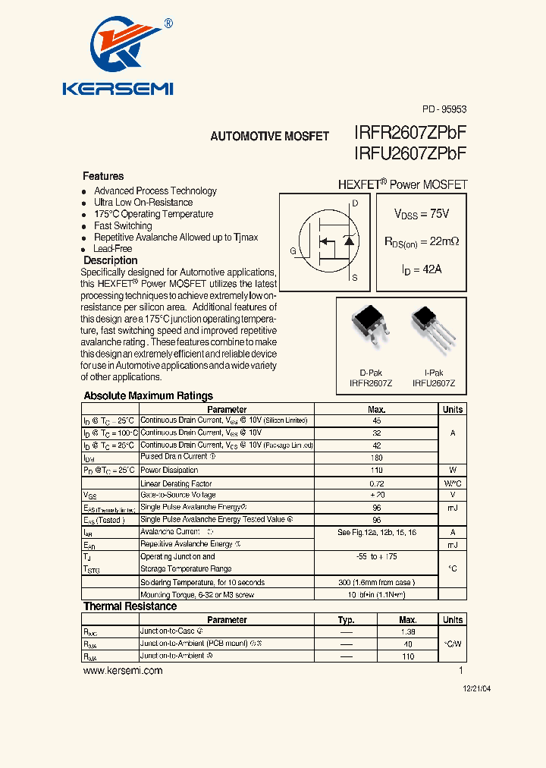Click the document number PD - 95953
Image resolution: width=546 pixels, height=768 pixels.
tap(444, 109)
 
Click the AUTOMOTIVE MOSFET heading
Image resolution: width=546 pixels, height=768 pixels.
tap(269, 137)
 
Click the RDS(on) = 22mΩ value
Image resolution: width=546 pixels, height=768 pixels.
tap(422, 241)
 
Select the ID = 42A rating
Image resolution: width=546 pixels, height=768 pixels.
tap(422, 269)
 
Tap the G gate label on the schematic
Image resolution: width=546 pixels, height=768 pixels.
tap(293, 250)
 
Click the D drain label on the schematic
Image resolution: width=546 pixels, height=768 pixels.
tap(355, 203)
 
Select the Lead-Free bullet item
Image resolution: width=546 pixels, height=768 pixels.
tap(112, 248)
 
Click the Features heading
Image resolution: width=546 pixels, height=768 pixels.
tap(103, 176)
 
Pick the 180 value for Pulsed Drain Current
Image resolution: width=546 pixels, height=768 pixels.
tap(377, 457)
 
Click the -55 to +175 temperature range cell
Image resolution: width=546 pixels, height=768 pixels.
tap(377, 556)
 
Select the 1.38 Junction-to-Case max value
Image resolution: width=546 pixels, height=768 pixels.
tap(408, 631)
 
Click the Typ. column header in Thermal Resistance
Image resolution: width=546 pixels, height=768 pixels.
tap(346, 619)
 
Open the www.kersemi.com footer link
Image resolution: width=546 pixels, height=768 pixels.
tap(123, 671)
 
